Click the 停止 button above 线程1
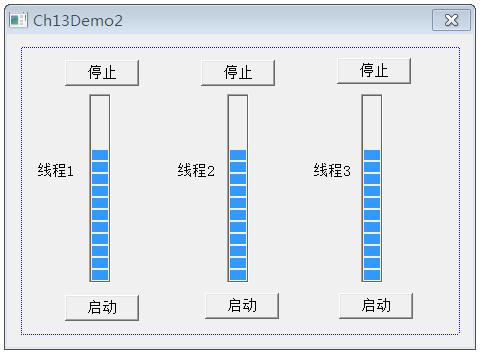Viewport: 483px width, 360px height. click(102, 72)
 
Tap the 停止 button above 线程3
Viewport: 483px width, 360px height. click(373, 70)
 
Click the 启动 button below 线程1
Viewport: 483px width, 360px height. click(102, 307)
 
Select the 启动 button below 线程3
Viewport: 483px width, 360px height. click(375, 305)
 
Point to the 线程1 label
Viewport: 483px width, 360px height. click(56, 171)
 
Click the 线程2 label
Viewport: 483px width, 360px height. click(196, 171)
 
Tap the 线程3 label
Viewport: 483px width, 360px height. click(332, 171)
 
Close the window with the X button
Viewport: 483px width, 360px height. click(451, 20)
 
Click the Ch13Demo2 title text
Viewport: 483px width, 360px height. click(78, 20)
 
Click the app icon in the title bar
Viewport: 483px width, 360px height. click(19, 20)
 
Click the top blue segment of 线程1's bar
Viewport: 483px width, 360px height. click(100, 155)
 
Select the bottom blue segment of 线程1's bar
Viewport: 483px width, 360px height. click(100, 275)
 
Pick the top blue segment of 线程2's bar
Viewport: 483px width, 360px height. click(237, 155)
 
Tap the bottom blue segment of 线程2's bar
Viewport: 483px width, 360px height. click(237, 275)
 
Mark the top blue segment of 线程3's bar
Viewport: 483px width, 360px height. click(372, 155)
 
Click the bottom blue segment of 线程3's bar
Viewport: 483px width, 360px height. click(372, 275)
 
